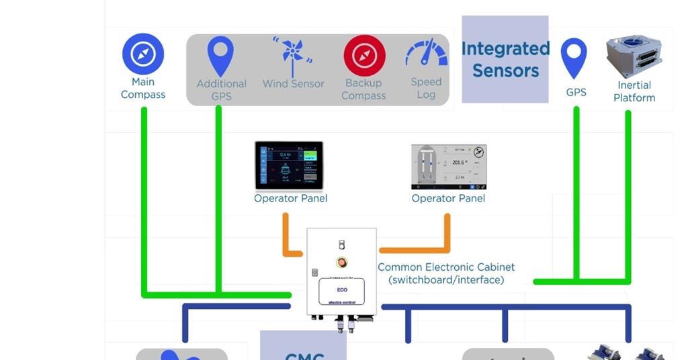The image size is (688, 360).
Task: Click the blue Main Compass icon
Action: (x=143, y=54)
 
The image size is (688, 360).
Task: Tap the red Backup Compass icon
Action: (x=364, y=55)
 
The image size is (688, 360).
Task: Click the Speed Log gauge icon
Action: (x=427, y=54)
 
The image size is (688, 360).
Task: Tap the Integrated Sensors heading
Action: (x=505, y=59)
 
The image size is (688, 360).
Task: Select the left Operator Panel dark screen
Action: (x=289, y=165)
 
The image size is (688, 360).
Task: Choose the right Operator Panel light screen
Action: (x=448, y=167)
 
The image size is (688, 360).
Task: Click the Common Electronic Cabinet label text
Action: (x=446, y=273)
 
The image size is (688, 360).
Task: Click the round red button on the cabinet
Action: (x=341, y=262)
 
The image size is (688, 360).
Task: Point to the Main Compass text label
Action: (x=143, y=88)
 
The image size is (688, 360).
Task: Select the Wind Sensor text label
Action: (x=293, y=84)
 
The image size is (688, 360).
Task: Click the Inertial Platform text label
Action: (x=634, y=91)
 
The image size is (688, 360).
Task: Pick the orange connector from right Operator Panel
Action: (x=447, y=235)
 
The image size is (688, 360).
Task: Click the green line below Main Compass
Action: (x=144, y=201)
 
